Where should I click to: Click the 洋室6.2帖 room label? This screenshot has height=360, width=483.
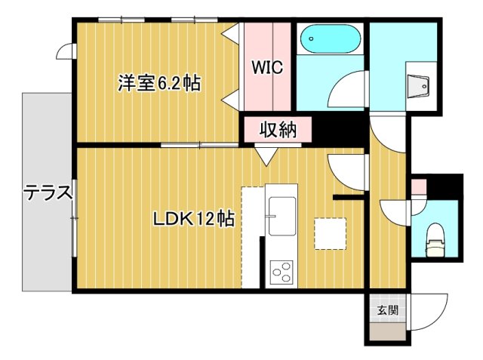[158, 83]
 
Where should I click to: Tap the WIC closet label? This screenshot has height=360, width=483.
[266, 67]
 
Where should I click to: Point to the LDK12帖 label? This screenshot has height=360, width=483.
[193, 220]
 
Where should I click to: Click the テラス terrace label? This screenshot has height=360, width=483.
[48, 194]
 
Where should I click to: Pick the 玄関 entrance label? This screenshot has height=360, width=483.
[387, 309]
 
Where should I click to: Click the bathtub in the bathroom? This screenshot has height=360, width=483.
[330, 38]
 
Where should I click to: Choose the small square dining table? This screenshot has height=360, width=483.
[331, 232]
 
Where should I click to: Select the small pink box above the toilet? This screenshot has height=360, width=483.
[418, 186]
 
